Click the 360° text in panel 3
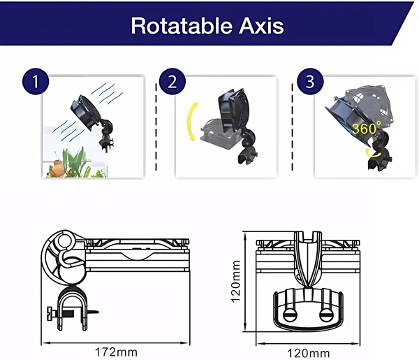367,129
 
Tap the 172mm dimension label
117,351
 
